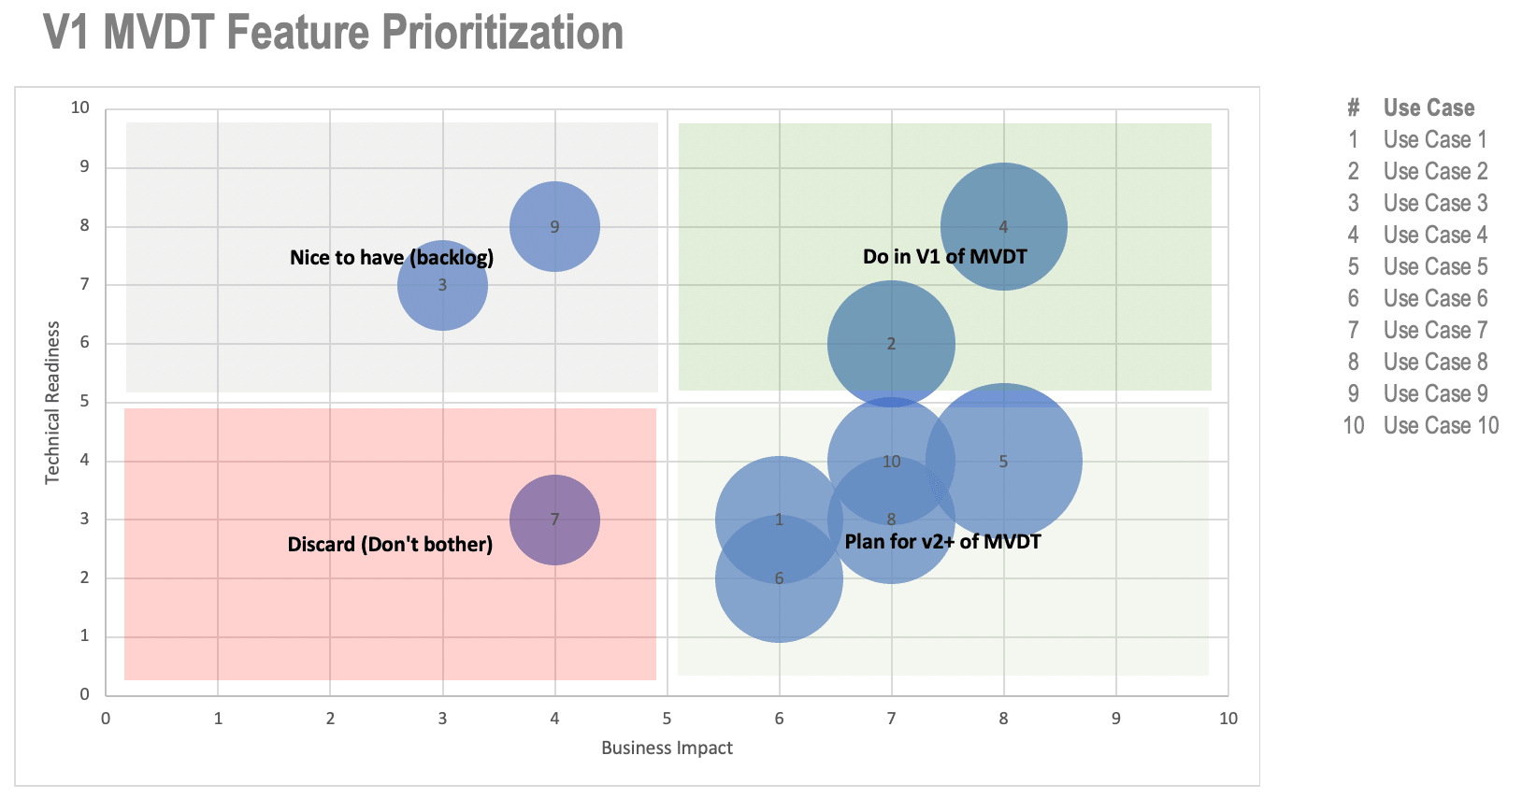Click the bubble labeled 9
click(554, 226)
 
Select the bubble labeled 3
click(442, 285)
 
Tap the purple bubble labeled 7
click(554, 520)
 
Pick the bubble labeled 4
click(1003, 226)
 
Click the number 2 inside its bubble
click(891, 344)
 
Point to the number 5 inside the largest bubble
click(1003, 462)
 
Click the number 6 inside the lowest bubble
click(779, 578)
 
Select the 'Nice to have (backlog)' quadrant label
click(392, 258)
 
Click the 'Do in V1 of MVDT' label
click(944, 257)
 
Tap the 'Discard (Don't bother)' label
click(390, 544)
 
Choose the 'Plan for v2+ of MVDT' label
click(942, 542)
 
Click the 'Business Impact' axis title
click(667, 748)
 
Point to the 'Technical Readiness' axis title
click(52, 403)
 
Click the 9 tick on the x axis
click(1115, 719)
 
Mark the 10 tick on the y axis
click(80, 107)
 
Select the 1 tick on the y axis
click(84, 635)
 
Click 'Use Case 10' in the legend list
click(1441, 425)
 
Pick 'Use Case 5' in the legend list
click(1435, 266)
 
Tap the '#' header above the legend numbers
click(1353, 107)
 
